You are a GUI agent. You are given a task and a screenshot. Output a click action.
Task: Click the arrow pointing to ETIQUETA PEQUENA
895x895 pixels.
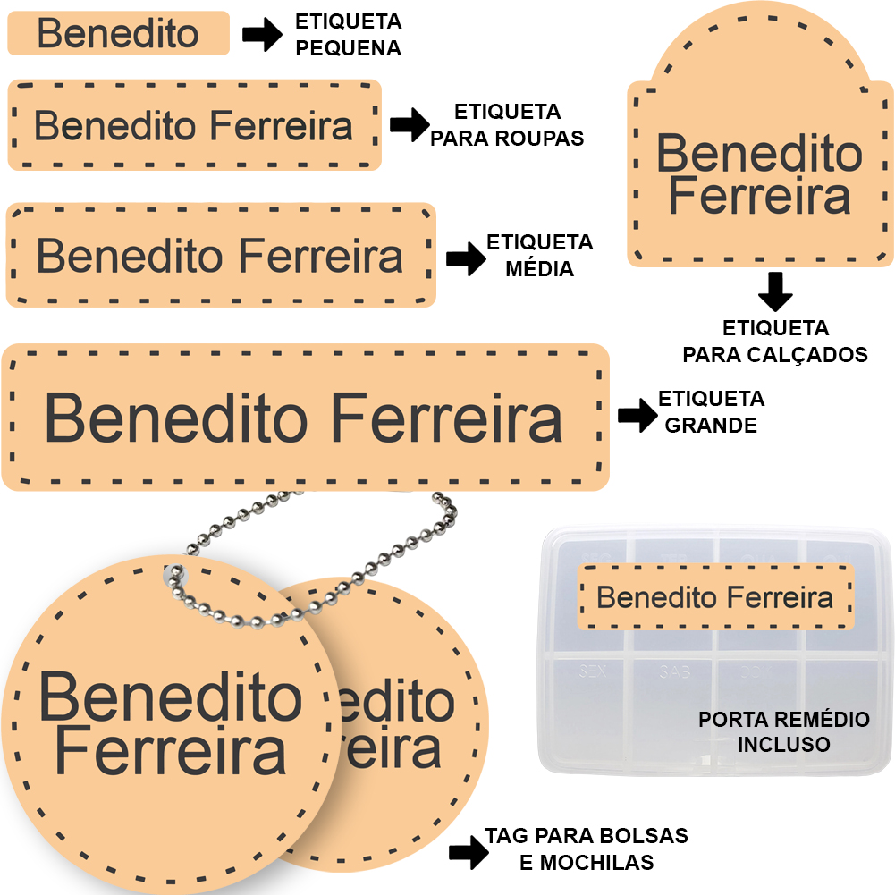[x=262, y=36]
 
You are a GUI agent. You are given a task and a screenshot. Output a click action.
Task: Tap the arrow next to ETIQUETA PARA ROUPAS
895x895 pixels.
[x=410, y=125]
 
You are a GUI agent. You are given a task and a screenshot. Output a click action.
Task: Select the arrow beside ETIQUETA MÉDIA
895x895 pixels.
[x=465, y=258]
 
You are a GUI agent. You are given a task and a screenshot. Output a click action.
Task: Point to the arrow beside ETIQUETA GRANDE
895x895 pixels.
[x=637, y=415]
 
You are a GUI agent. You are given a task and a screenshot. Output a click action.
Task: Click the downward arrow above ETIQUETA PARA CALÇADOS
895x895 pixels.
[x=775, y=292]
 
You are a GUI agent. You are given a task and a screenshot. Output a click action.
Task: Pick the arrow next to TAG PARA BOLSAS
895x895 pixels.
[x=469, y=852]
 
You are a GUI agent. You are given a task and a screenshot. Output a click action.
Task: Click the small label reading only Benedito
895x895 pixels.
[x=118, y=34]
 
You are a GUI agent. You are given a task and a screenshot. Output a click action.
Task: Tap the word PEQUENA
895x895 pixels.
[x=348, y=48]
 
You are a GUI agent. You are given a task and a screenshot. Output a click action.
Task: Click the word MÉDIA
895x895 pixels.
[x=539, y=268]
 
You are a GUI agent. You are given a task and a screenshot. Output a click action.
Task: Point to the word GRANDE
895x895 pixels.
[x=711, y=426]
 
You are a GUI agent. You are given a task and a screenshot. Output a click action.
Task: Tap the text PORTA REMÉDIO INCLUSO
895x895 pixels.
[x=783, y=731]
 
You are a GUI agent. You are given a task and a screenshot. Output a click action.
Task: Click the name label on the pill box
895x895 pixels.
[x=714, y=597]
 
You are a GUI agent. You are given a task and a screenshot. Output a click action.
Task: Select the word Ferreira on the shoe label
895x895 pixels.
[x=759, y=197]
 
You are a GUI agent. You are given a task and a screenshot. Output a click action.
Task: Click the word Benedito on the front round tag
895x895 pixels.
[x=170, y=698]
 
